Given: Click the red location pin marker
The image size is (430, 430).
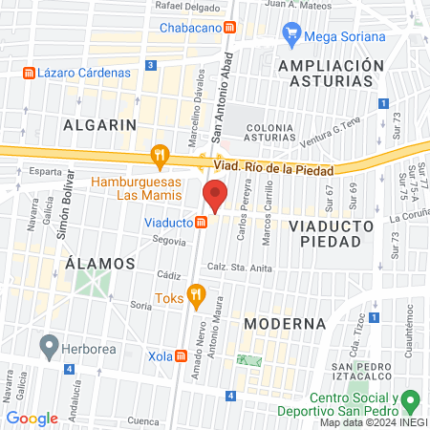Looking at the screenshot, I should pyautogui.click(x=215, y=197).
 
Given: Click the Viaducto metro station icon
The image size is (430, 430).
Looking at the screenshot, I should pyautogui.click(x=202, y=223).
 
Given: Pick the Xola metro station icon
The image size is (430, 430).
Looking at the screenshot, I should pyautogui.click(x=182, y=355).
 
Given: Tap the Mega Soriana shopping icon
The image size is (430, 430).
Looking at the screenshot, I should pyautogui.click(x=291, y=37).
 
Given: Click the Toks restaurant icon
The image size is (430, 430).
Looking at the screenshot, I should pyautogui.click(x=197, y=295).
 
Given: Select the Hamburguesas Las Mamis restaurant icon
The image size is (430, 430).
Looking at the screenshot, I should pyautogui.click(x=160, y=156).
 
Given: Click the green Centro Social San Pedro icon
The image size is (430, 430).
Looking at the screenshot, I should pyautogui.click(x=411, y=398).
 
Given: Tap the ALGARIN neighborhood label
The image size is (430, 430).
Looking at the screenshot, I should pyautogui.click(x=99, y=125).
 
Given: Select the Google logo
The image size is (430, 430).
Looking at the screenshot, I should pyautogui.click(x=32, y=419).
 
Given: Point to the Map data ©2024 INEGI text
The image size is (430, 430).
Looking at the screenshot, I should pyautogui.click(x=374, y=422).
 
